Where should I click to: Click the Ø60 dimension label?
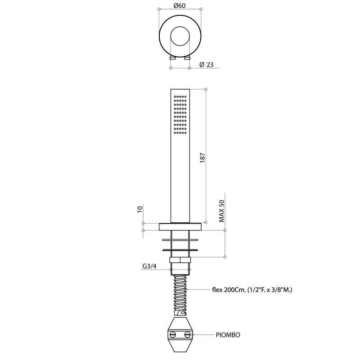(x=180, y=5)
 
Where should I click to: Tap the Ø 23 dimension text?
(x=207, y=65)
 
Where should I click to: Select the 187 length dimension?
(x=202, y=158)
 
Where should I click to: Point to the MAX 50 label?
(x=221, y=211)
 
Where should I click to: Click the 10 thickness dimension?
(x=140, y=209)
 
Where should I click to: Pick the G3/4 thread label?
(x=149, y=266)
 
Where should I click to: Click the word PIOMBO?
(x=228, y=335)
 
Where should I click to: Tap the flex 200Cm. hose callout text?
(x=252, y=290)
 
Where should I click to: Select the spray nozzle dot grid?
(x=180, y=115)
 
